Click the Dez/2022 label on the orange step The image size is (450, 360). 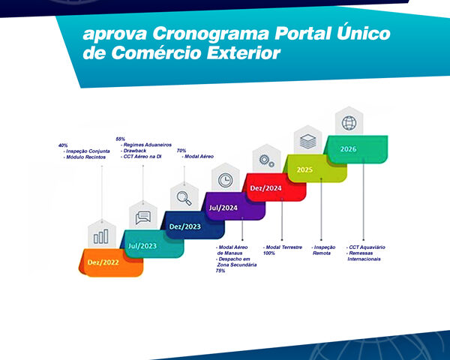pos(103,262)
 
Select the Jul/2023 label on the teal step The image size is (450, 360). pos(142,246)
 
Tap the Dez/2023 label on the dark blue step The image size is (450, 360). pos(185,226)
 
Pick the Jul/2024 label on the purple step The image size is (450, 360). pos(223,208)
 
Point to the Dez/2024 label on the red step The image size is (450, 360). pos(266,188)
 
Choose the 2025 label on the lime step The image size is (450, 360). pos(304,170)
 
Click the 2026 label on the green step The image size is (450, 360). pos(349,149)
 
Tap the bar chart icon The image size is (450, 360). pos(101,236)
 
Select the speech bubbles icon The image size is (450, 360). pos(143,217)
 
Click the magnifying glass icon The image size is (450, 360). pos(184,198)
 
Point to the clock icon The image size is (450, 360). pos(226,180)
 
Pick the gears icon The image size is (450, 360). pos(266,160)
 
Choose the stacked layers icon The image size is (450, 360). pos(308,142)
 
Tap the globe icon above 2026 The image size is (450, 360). pos(349,123)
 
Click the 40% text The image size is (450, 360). pos(63,145)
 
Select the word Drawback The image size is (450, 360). pos(135,151)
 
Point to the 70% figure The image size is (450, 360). pos(181,151)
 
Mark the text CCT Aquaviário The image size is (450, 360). pos(367,247)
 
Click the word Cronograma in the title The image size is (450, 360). pos(211,34)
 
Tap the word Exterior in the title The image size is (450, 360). pos(243,53)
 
